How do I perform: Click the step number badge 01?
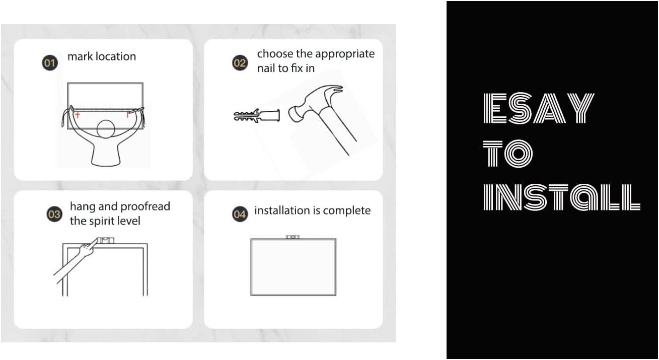[x=50, y=62]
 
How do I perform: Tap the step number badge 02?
[x=240, y=62]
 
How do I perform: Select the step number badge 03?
[x=54, y=214]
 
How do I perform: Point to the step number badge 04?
[x=240, y=214]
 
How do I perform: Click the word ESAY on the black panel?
[x=539, y=108]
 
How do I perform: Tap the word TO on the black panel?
[x=508, y=153]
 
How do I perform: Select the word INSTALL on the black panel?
[x=562, y=197]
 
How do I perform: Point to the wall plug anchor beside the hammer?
[x=257, y=115]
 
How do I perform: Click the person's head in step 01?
[x=106, y=129]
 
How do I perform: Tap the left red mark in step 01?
[x=78, y=114]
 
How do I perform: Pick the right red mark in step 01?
[x=128, y=114]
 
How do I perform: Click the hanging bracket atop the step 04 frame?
[x=292, y=237]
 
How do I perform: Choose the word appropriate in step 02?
[x=345, y=54]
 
